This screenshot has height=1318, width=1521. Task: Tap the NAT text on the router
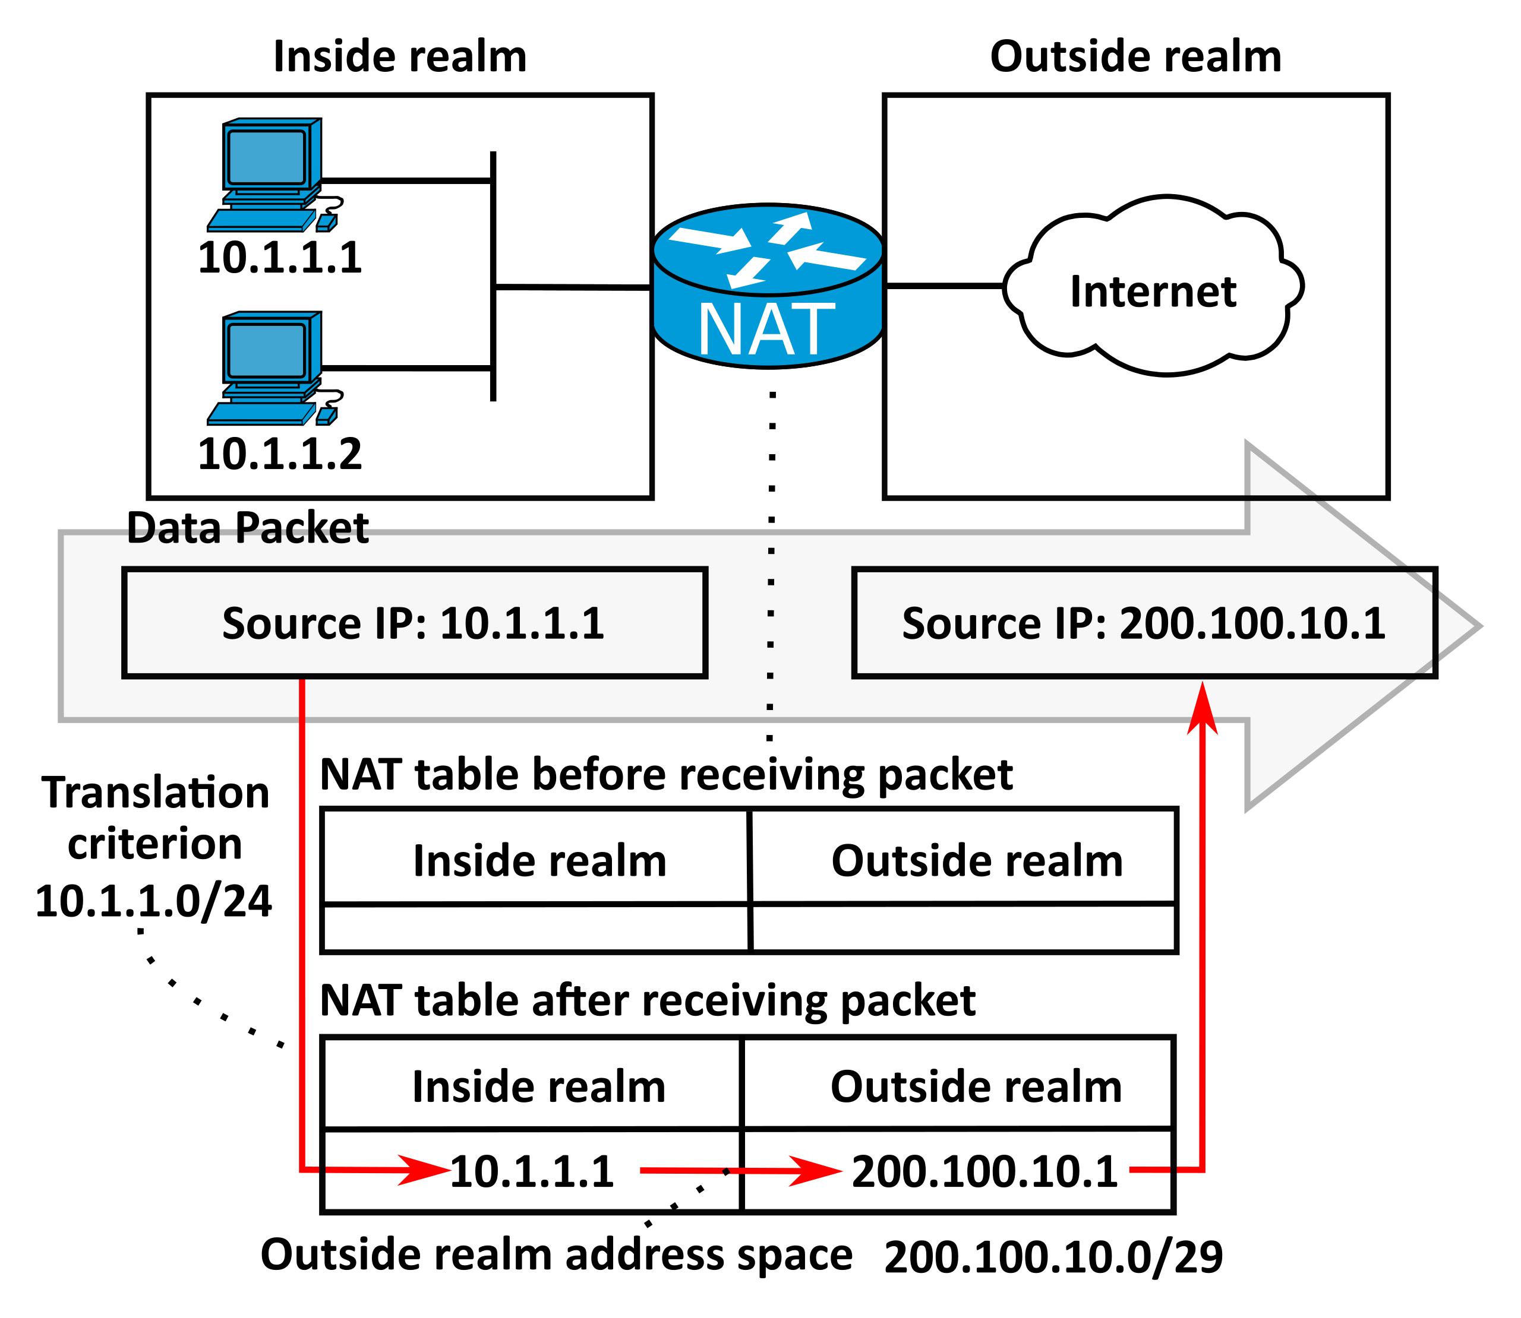pyautogui.click(x=765, y=330)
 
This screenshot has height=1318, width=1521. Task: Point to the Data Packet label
pyautogui.click(x=247, y=528)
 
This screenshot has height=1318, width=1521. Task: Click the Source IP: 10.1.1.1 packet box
pyautogui.click(x=414, y=623)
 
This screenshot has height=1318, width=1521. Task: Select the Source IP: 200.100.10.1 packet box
pyautogui.click(x=1144, y=623)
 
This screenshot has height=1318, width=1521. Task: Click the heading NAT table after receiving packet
pyautogui.click(x=648, y=1000)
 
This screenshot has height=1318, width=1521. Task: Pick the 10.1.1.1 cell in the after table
pyautogui.click(x=531, y=1171)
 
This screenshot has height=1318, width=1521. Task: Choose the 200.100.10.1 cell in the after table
pyautogui.click(x=984, y=1171)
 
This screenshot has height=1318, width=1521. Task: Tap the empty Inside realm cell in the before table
pyautogui.click(x=536, y=928)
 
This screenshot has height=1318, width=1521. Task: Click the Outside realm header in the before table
pyautogui.click(x=977, y=860)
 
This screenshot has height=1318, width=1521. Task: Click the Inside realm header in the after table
pyautogui.click(x=539, y=1086)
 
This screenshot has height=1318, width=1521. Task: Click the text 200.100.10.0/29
pyautogui.click(x=1053, y=1257)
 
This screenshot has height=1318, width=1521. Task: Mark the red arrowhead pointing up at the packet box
pyautogui.click(x=1203, y=708)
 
